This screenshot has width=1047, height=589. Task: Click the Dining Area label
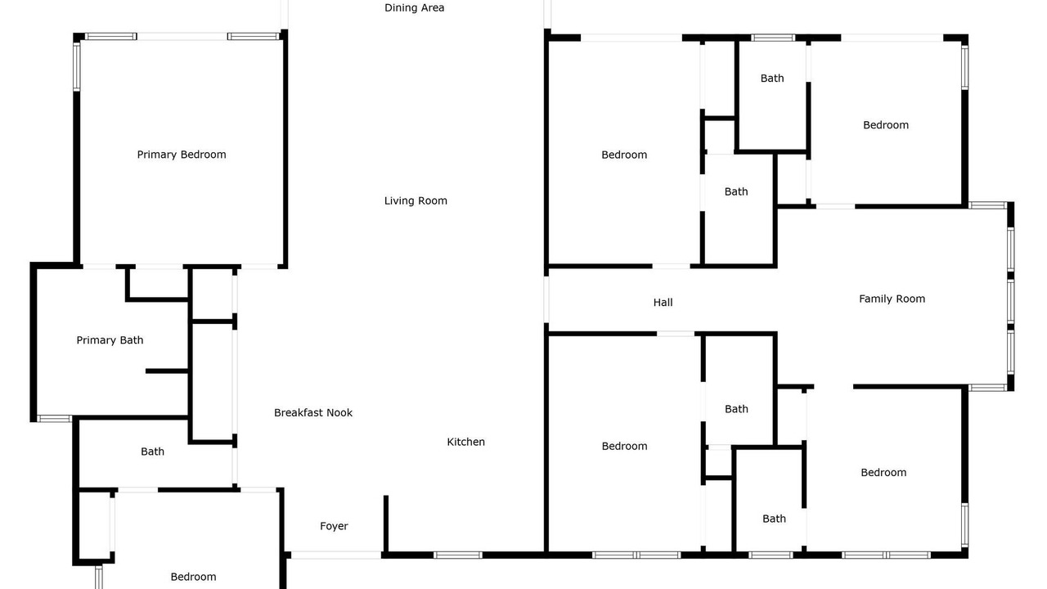(414, 8)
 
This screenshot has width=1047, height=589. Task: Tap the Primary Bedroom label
(182, 155)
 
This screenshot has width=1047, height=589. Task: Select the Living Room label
(416, 201)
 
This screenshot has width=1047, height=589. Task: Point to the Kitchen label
(465, 442)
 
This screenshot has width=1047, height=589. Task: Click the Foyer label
(334, 526)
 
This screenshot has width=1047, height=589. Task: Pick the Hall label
(663, 303)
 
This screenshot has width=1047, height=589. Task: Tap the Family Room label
(892, 299)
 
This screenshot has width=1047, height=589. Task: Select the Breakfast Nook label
(313, 413)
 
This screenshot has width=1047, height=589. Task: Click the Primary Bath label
(110, 340)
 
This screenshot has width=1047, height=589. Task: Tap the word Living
(398, 201)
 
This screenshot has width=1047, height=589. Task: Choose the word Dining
(398, 8)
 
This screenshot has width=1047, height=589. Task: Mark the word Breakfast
(299, 413)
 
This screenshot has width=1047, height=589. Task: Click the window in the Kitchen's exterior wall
(457, 555)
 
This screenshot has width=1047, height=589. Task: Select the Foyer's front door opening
(335, 555)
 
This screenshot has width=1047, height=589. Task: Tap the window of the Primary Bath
(54, 418)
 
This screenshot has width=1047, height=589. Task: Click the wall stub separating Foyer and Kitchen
(386, 524)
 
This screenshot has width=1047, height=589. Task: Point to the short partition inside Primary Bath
(167, 371)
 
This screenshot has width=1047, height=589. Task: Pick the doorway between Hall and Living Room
(546, 299)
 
